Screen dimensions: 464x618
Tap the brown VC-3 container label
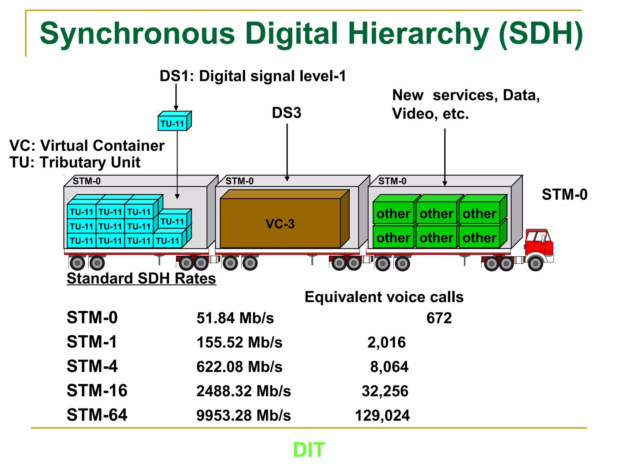point(280,224)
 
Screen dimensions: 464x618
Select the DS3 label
point(286,113)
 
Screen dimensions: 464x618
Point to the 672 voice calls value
point(439,318)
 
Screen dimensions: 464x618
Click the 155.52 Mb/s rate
point(239,343)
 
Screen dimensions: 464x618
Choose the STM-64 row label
point(97,415)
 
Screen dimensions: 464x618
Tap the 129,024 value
point(382,415)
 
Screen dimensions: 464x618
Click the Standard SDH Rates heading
point(141,278)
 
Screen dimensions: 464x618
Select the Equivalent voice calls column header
point(384,297)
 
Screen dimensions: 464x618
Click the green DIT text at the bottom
point(309,449)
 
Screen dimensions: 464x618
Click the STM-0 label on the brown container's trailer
point(239,181)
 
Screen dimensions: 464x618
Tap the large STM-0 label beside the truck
point(564,194)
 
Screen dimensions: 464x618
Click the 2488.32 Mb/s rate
point(244,391)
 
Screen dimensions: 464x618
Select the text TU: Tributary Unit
point(75,162)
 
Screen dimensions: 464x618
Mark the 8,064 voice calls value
point(389,367)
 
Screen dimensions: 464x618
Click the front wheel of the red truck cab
point(535,263)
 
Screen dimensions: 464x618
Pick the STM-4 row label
point(92,366)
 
